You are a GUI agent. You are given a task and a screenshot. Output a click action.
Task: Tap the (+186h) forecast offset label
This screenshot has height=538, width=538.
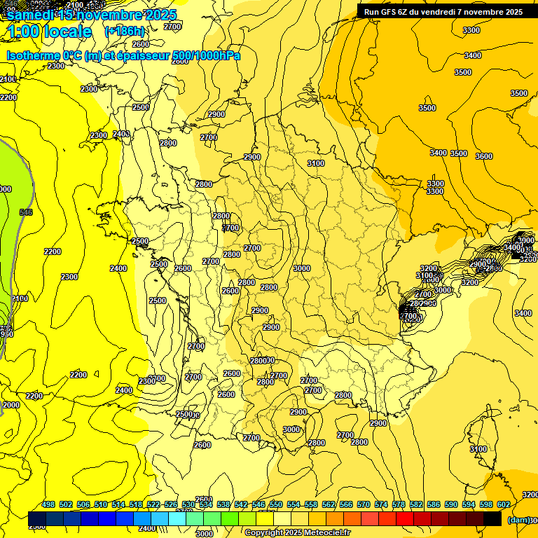(x=125, y=32)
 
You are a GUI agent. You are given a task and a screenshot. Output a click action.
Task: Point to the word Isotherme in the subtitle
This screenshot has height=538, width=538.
(x=33, y=55)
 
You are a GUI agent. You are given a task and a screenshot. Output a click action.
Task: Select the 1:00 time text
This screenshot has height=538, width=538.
(x=23, y=32)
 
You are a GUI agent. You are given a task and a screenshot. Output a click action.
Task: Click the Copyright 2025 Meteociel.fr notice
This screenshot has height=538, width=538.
(x=297, y=533)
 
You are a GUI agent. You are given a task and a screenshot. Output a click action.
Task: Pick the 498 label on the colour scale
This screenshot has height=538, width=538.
(x=48, y=504)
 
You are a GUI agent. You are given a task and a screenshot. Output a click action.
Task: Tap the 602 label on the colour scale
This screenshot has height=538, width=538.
(x=504, y=504)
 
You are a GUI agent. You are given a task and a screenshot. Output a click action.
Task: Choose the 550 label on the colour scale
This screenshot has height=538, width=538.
(x=276, y=504)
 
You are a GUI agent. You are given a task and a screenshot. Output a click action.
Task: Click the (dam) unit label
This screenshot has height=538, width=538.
(x=518, y=519)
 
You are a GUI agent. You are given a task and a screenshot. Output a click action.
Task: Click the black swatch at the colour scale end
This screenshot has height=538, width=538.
(x=492, y=519)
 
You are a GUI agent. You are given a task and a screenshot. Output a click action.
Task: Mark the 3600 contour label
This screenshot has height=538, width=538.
(x=484, y=156)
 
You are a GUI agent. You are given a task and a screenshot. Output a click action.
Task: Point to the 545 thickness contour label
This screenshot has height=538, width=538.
(x=26, y=212)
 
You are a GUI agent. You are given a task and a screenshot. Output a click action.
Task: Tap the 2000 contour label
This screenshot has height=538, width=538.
(x=11, y=405)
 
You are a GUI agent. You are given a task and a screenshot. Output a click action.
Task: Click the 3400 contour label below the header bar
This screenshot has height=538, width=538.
(x=473, y=55)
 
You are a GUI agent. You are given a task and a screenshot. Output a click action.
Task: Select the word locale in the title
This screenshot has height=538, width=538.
(x=67, y=32)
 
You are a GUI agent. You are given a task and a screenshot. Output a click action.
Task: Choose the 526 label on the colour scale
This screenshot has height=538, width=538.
(x=171, y=504)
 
